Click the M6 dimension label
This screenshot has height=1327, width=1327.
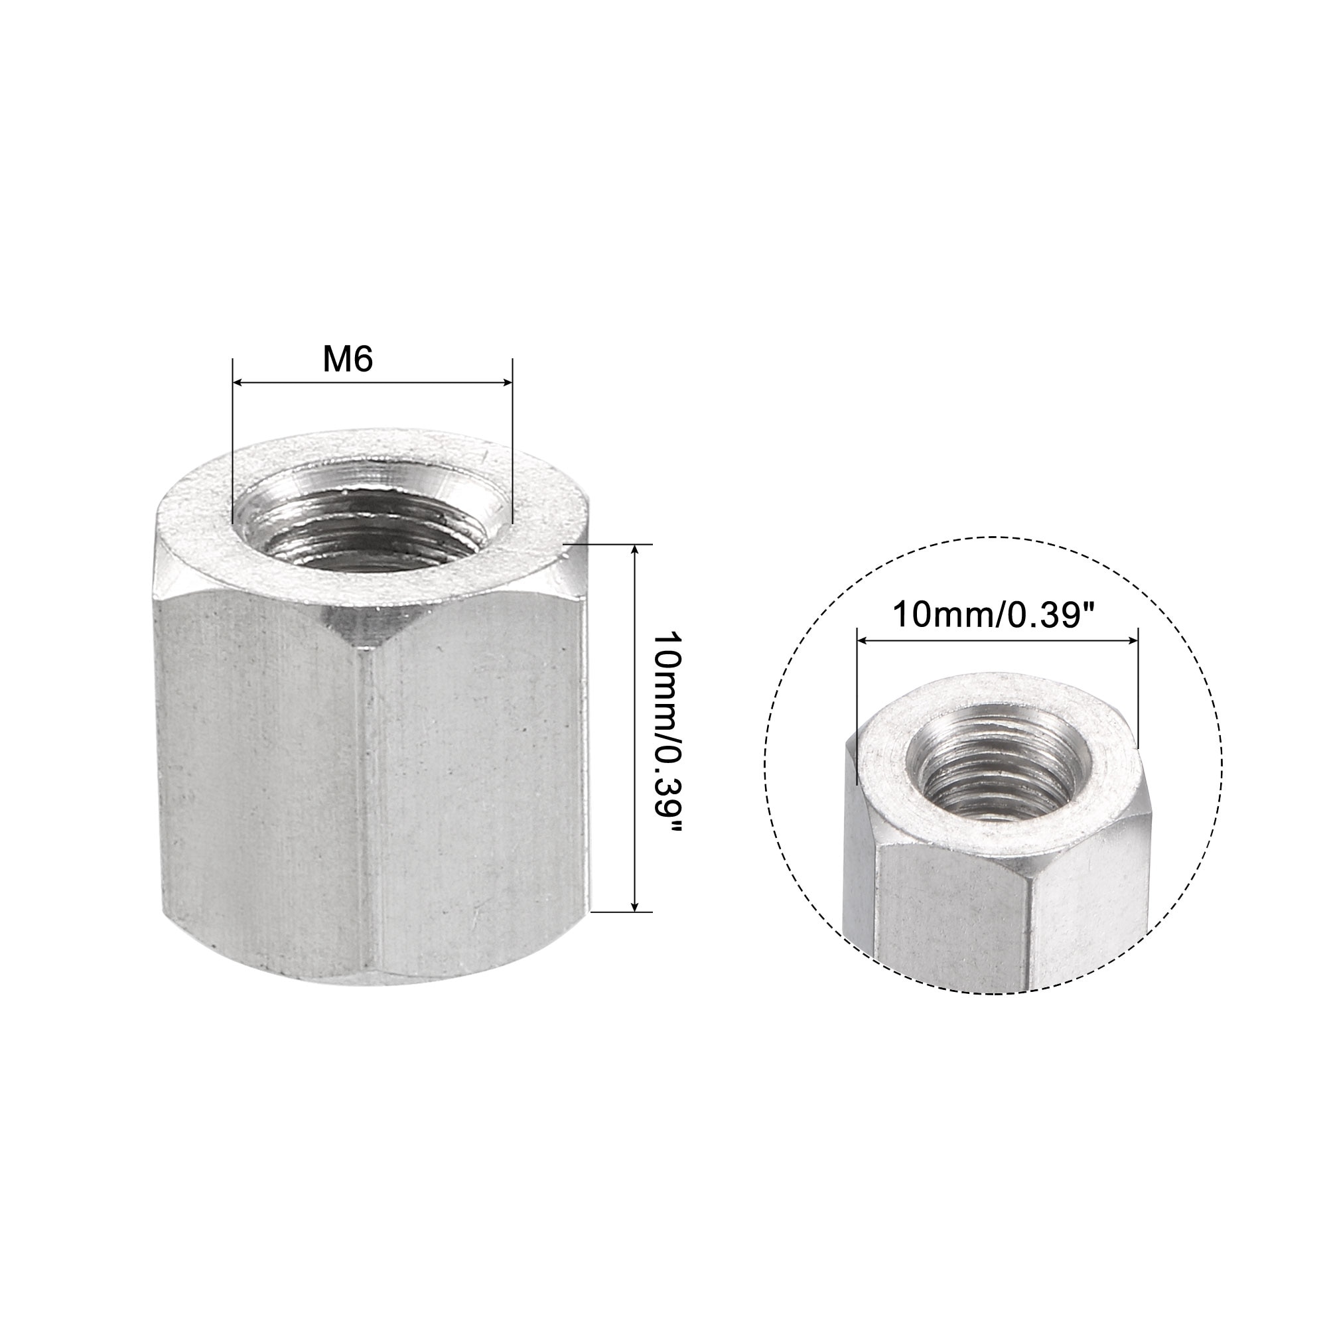pos(348,360)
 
